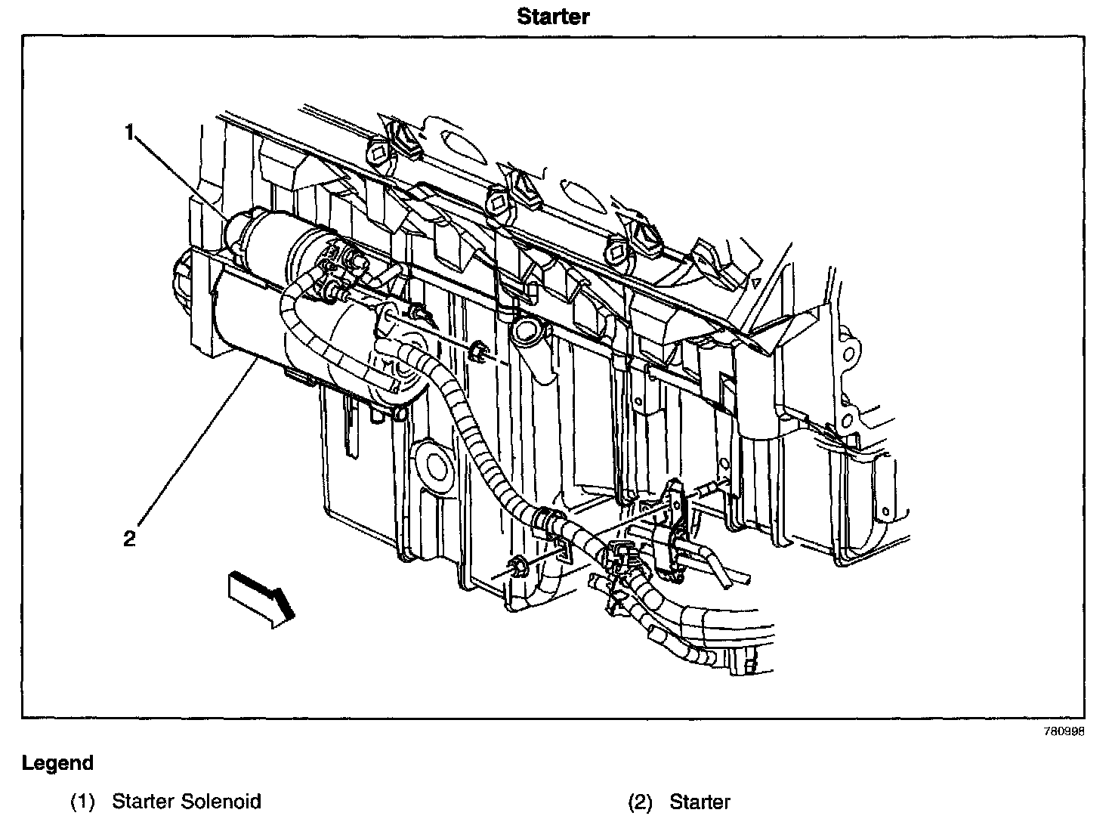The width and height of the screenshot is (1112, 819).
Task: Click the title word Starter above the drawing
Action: point(553,16)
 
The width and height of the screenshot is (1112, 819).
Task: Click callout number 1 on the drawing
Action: point(130,133)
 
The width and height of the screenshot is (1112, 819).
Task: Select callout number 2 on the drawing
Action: point(130,538)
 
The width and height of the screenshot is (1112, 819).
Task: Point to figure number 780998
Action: point(1064,732)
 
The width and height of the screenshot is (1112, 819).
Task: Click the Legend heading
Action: point(57,763)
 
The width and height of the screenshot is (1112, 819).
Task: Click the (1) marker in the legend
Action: point(82,801)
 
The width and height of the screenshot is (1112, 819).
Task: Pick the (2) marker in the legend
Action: point(640,801)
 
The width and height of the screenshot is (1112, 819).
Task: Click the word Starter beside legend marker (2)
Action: point(700,801)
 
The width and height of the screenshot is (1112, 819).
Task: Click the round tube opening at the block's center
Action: point(527,329)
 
